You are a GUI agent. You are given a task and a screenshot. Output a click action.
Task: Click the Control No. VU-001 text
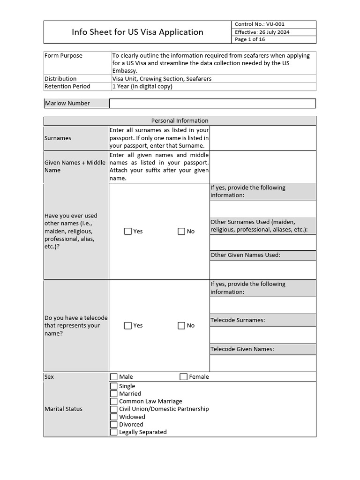(259, 24)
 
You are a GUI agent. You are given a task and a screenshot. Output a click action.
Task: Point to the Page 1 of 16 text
(250, 39)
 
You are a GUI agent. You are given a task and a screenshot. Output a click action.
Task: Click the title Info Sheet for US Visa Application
(137, 32)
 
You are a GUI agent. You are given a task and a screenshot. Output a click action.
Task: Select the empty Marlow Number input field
(212, 103)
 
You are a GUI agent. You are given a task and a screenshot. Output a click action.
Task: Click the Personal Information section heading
(180, 120)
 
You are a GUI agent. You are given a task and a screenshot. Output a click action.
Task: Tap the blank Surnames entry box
(262, 138)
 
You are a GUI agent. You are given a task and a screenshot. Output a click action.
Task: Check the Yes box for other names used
(128, 231)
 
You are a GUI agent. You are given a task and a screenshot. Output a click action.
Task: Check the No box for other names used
(181, 231)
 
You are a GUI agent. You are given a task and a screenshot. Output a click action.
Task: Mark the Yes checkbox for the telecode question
(128, 325)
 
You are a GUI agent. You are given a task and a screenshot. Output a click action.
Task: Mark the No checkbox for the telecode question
(181, 325)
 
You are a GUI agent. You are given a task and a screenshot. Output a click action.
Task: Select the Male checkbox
(114, 376)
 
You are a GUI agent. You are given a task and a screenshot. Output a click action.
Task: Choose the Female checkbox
(184, 376)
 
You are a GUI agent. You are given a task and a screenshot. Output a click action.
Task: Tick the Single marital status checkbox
(114, 386)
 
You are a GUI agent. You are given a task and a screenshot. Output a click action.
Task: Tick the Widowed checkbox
(114, 417)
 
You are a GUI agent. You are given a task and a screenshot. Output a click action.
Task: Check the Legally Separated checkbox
(114, 432)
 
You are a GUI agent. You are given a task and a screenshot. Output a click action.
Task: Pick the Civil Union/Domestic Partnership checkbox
(114, 409)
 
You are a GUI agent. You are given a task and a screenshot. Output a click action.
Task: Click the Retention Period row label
(67, 86)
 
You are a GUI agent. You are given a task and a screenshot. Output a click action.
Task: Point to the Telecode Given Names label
(242, 349)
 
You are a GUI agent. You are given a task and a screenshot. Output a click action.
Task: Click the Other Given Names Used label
(245, 255)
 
